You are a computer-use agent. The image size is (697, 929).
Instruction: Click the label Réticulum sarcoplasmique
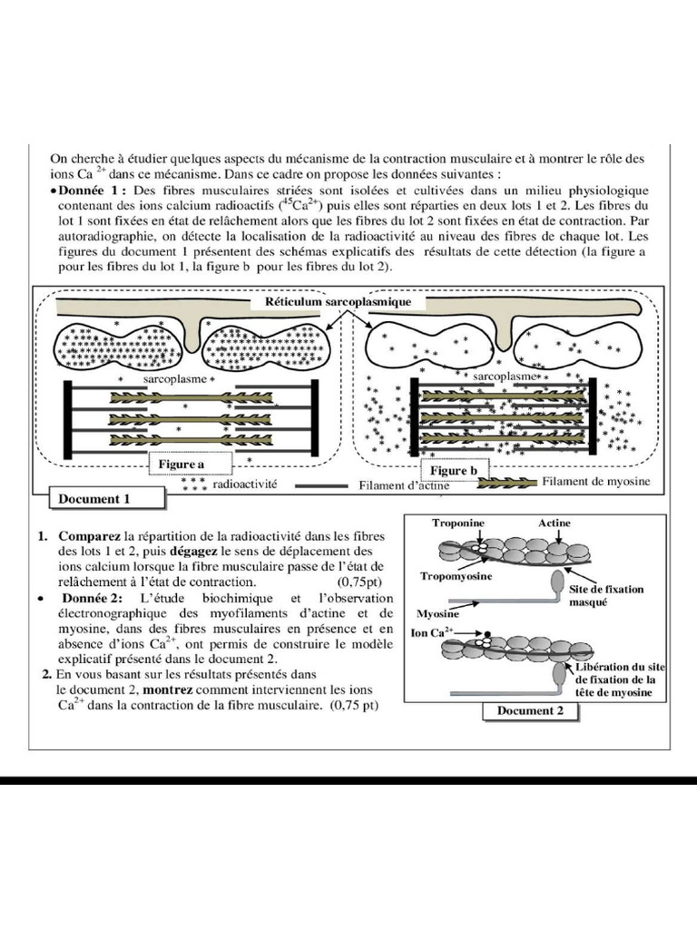339,301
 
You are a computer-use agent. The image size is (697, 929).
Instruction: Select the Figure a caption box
183,464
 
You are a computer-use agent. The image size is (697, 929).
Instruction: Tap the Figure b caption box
453,472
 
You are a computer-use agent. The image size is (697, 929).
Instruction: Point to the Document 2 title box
531,711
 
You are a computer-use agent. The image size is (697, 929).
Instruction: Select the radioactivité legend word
245,486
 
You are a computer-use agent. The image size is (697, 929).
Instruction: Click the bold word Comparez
91,535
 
